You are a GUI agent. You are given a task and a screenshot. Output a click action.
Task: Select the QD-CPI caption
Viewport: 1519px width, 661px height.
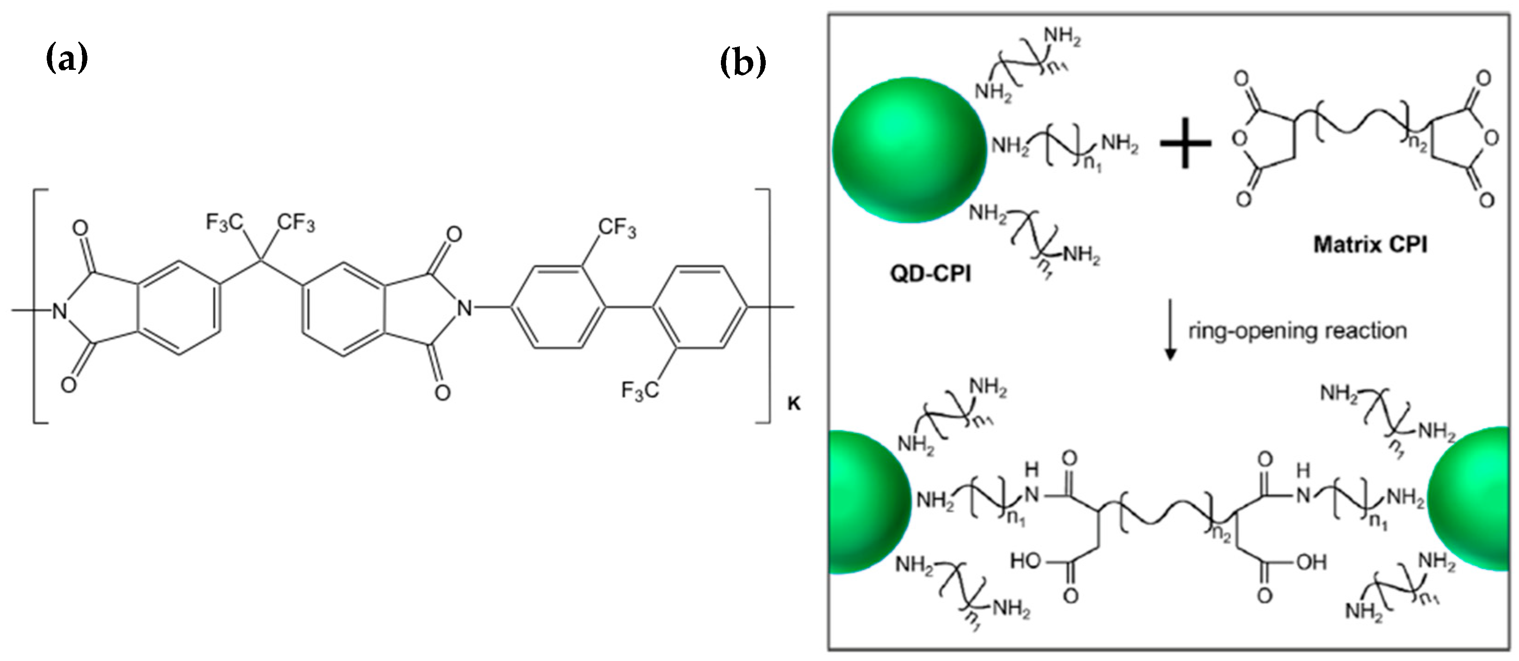click(x=930, y=274)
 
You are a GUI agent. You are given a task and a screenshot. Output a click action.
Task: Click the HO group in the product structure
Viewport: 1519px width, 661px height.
click(x=1026, y=561)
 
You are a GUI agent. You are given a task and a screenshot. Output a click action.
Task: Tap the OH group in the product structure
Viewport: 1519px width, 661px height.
click(x=1311, y=562)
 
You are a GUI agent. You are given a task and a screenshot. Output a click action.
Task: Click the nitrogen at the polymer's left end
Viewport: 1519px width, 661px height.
click(x=59, y=309)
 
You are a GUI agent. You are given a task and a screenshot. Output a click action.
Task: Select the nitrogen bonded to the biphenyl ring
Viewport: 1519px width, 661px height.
click(x=466, y=308)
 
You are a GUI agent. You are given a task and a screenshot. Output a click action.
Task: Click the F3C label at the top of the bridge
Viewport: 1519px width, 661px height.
click(x=224, y=223)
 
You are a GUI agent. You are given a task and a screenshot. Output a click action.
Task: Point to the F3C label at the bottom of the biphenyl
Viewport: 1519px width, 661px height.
click(x=640, y=390)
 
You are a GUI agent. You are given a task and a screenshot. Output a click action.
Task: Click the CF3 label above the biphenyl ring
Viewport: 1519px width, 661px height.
click(x=617, y=228)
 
